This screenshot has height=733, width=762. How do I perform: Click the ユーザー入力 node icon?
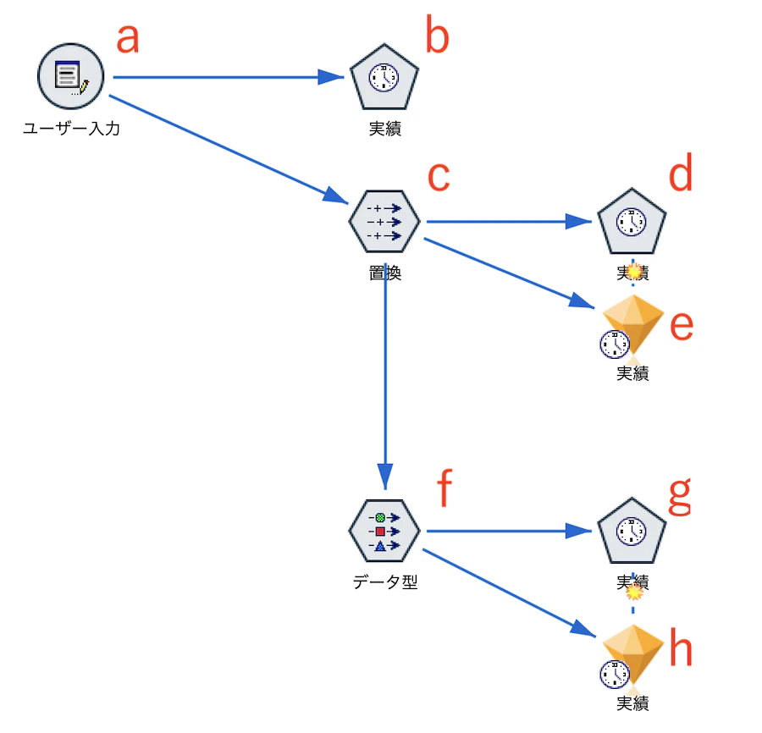tap(70, 77)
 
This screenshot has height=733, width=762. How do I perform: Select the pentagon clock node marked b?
tap(385, 78)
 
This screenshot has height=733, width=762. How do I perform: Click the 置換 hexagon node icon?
tap(384, 222)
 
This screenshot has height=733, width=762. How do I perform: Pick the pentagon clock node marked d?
tap(632, 223)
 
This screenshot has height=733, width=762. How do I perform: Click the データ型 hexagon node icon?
tap(384, 532)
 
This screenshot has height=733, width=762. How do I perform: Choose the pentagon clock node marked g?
tap(632, 532)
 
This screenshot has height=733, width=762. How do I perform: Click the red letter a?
tap(127, 38)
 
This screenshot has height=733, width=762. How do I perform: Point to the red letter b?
tap(436, 38)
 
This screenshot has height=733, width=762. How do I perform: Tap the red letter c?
tap(437, 176)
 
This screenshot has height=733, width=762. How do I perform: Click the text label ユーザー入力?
tap(71, 129)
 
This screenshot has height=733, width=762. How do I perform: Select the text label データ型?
tap(385, 582)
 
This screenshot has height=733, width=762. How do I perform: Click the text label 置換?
tap(385, 273)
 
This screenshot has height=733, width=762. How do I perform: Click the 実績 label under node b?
tap(385, 129)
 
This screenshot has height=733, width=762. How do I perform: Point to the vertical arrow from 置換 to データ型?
tap(385, 381)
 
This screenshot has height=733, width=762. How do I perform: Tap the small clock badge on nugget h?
tap(614, 675)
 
